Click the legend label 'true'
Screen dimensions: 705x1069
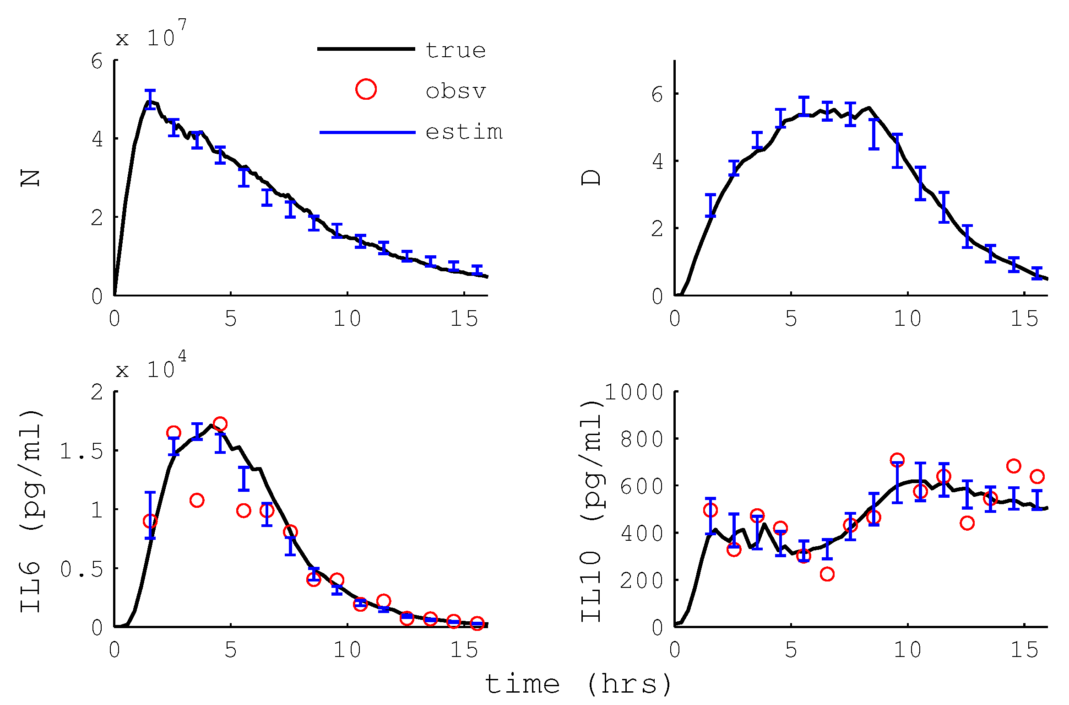(455, 50)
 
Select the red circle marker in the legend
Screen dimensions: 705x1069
(366, 89)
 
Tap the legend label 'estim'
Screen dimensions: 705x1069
(464, 132)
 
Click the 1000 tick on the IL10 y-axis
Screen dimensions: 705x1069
(634, 392)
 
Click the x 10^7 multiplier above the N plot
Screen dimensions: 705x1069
(151, 34)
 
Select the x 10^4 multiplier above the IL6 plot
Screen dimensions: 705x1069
(151, 366)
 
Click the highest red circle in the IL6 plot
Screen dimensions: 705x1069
(220, 424)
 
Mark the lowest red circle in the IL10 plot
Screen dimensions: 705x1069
(827, 574)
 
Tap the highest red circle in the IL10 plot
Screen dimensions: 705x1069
(897, 460)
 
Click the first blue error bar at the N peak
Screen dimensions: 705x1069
(150, 99)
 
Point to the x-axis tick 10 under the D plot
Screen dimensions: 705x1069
(907, 318)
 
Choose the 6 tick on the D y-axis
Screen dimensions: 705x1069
(657, 95)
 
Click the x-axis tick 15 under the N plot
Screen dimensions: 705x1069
(464, 318)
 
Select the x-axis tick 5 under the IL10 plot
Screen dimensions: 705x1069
(791, 650)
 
